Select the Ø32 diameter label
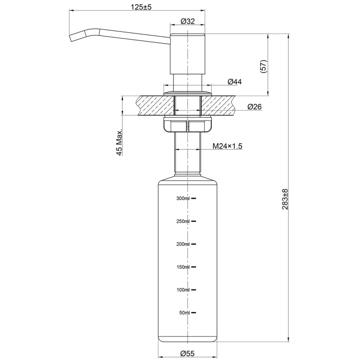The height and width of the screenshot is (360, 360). pos(187,22)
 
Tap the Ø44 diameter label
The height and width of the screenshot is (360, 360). pos(235,82)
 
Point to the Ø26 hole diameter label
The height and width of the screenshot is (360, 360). pos(255,107)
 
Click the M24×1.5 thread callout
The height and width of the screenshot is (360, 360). pos(227,146)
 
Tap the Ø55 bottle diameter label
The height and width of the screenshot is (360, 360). pos(187,353)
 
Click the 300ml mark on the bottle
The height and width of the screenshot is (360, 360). pos(183,198)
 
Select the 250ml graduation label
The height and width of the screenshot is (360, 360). pos(183,221)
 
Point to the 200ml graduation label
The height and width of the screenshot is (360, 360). pos(183,244)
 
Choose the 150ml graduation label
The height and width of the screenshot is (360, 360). pos(183,267)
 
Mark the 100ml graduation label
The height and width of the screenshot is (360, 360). pos(183,290)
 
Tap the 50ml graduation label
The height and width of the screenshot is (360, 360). pos(185,313)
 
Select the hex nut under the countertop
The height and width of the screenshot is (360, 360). pos(187,124)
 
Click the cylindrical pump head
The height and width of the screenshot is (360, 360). pos(187,54)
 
